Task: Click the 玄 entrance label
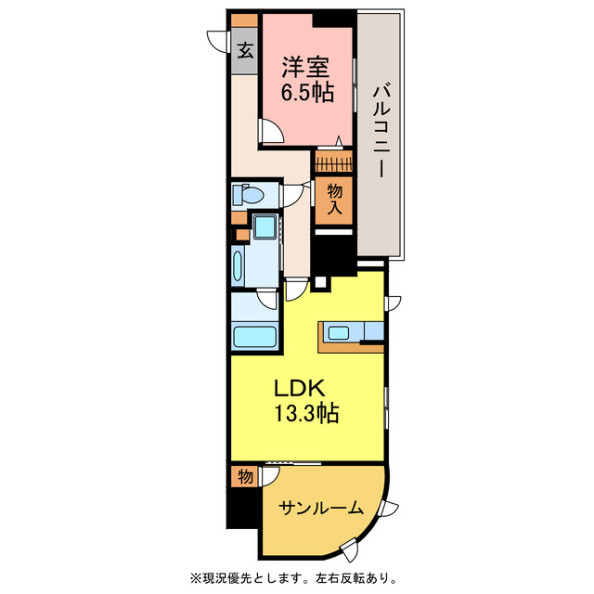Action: coord(245,52)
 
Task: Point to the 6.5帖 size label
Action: coord(307,95)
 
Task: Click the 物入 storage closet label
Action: coord(334,199)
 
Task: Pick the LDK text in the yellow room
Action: coord(296,386)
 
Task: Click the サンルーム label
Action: coord(316,510)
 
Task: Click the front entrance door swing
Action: coord(219,42)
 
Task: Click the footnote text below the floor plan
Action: coord(297,576)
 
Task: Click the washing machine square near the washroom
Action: coord(265,227)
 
